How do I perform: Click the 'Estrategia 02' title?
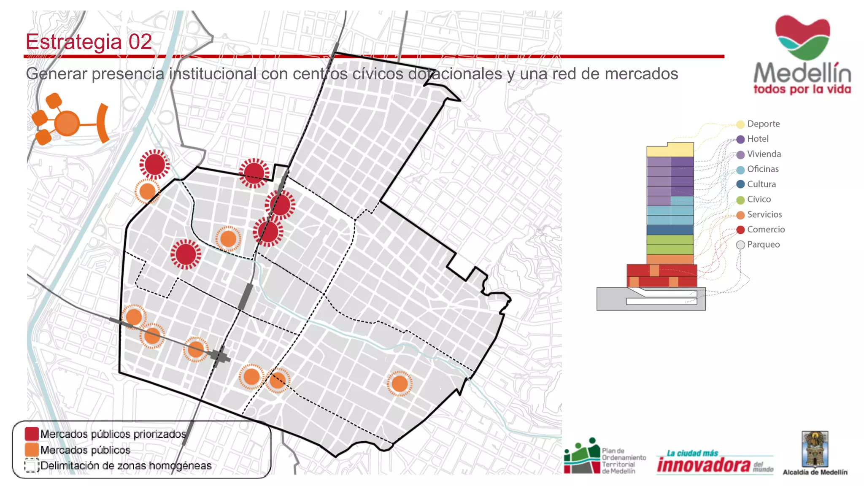89,42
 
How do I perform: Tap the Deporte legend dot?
740,124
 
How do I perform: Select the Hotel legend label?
758,139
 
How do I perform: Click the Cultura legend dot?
740,184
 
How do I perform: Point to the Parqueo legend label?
763,245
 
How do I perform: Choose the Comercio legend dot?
740,230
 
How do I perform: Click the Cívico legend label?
759,199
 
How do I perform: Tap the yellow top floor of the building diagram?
670,150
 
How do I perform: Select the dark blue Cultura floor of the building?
670,230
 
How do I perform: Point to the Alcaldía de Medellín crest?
815,449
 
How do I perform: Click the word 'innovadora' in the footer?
703,465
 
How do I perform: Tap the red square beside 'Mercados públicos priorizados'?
32,434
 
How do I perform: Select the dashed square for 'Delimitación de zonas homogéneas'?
32,466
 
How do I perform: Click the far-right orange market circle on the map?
399,384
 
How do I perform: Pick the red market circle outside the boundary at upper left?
154,165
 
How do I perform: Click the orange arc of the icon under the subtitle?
103,123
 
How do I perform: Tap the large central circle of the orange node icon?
67,124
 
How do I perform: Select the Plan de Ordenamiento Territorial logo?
582,457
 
